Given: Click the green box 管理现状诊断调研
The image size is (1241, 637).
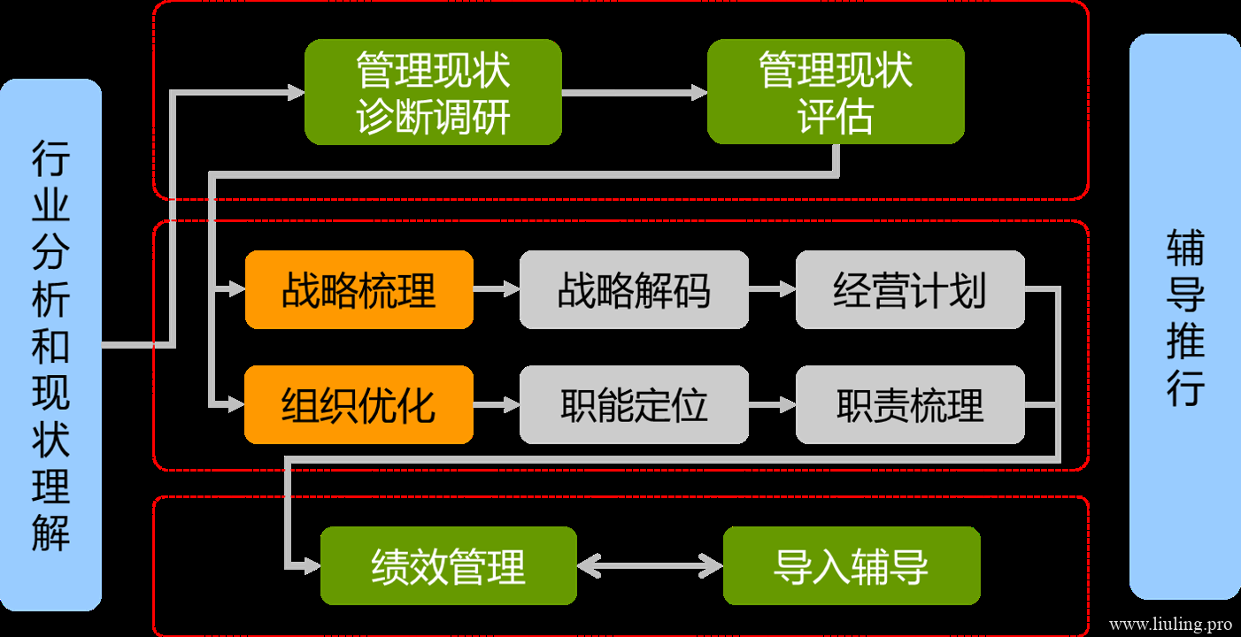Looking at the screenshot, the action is point(433,92).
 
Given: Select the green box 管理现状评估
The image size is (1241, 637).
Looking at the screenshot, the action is point(836,91).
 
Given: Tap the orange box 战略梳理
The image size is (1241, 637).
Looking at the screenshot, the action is point(359,289).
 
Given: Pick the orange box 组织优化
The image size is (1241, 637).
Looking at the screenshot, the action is point(359,405).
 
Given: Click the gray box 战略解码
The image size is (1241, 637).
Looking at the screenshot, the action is point(635,289).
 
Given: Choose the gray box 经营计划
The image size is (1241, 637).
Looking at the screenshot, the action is point(910,289).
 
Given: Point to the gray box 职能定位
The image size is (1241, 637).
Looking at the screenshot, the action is point(635,405).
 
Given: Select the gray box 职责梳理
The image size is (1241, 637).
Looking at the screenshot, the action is point(910,405).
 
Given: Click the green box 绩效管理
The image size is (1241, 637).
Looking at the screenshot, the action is point(449,565).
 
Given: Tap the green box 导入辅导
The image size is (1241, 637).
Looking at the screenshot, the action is point(852,565).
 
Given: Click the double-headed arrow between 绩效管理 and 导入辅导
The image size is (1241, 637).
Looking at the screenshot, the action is point(650,566).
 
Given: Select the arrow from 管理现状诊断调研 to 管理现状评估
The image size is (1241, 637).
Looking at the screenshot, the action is point(635,93).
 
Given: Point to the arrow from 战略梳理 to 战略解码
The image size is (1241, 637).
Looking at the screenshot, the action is point(497,288).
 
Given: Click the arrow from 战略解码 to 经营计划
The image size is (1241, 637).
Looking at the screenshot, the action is point(772,288).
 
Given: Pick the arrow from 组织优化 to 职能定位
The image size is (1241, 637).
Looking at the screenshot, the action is point(497,405).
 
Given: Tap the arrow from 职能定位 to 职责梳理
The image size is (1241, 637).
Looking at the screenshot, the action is point(772,405).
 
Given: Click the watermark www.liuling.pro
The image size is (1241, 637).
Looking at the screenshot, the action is point(1171,625).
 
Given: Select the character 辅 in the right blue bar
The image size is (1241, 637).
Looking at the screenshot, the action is point(1185,248).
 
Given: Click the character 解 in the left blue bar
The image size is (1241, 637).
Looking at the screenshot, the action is point(50,533).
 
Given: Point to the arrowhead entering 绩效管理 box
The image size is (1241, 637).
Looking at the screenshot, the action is point(312,566).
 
